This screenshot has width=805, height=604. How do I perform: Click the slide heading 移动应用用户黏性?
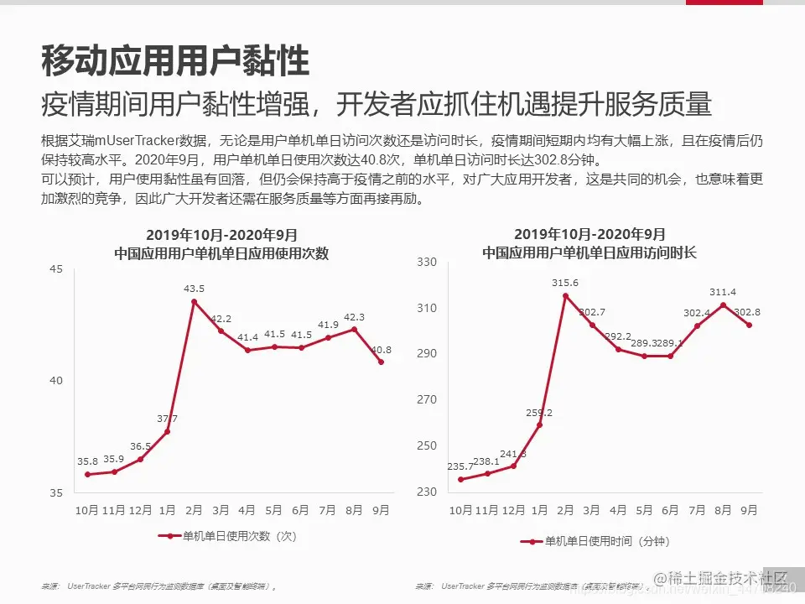(x=175, y=60)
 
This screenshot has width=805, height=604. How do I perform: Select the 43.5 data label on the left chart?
(x=194, y=289)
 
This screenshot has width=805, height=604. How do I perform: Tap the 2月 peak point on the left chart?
(x=194, y=301)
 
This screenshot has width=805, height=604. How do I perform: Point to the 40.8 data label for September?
(x=382, y=350)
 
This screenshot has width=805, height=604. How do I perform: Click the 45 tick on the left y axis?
(x=56, y=269)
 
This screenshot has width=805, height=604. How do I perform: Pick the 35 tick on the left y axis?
(x=56, y=492)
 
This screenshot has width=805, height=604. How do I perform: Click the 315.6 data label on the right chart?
(x=565, y=283)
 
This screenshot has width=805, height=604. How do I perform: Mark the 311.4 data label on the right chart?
(x=722, y=292)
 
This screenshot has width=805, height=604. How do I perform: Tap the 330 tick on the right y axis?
(x=428, y=263)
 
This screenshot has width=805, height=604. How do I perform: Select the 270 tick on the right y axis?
(x=428, y=400)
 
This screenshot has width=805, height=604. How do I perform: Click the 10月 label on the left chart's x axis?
(x=87, y=509)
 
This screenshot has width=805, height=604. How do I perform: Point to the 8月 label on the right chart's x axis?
(x=723, y=509)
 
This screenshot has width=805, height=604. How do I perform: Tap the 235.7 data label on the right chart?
(x=460, y=467)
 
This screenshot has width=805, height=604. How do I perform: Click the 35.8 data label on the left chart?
(x=87, y=461)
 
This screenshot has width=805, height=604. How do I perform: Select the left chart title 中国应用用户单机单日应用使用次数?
(x=221, y=253)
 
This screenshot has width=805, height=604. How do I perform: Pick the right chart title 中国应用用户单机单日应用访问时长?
(x=589, y=253)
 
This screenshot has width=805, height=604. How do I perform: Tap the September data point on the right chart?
(x=749, y=325)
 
